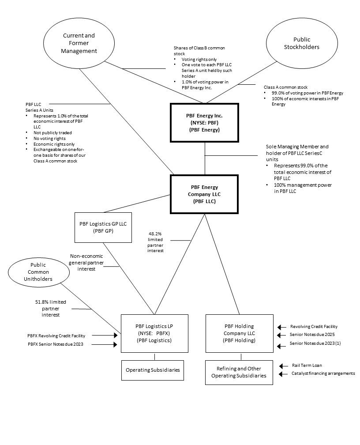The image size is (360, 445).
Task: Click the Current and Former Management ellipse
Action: click(x=79, y=43)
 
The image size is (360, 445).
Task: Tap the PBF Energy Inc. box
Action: click(x=204, y=123)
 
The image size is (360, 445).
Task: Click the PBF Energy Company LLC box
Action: click(x=204, y=194)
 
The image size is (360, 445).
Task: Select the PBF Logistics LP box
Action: click(x=154, y=333)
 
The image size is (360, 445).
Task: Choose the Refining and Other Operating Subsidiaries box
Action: click(x=239, y=372)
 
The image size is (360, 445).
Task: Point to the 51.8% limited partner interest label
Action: click(x=51, y=308)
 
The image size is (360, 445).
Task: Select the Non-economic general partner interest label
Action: click(x=90, y=262)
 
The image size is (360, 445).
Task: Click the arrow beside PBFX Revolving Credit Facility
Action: click(x=112, y=336)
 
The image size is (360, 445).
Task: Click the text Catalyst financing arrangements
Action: click(x=323, y=373)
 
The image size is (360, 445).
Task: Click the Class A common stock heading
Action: click(x=285, y=87)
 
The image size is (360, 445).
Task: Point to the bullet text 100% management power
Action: click(x=301, y=185)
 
